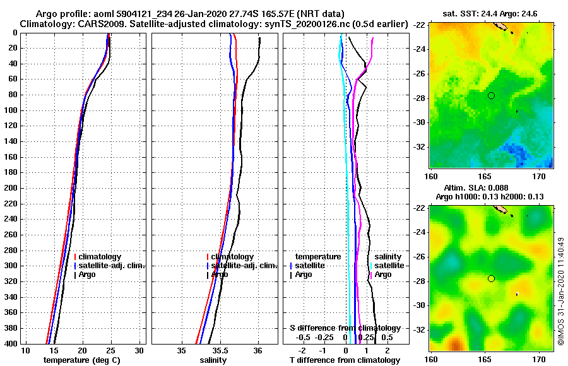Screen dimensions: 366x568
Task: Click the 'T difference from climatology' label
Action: [345, 360]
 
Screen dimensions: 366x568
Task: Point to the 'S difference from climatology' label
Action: [345, 328]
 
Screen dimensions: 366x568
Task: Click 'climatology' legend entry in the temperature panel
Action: [100, 257]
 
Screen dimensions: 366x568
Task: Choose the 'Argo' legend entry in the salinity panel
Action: [220, 274]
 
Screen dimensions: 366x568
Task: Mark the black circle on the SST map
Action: [491, 95]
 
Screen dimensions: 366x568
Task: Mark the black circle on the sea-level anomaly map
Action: [491, 278]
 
